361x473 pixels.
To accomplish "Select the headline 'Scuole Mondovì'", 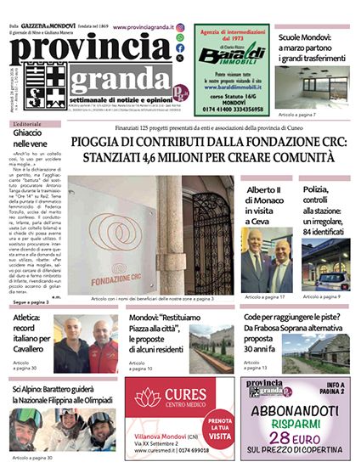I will click(x=310, y=39).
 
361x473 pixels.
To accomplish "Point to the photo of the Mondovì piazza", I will click(x=212, y=348).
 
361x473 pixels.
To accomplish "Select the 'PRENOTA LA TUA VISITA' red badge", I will click(x=219, y=425).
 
